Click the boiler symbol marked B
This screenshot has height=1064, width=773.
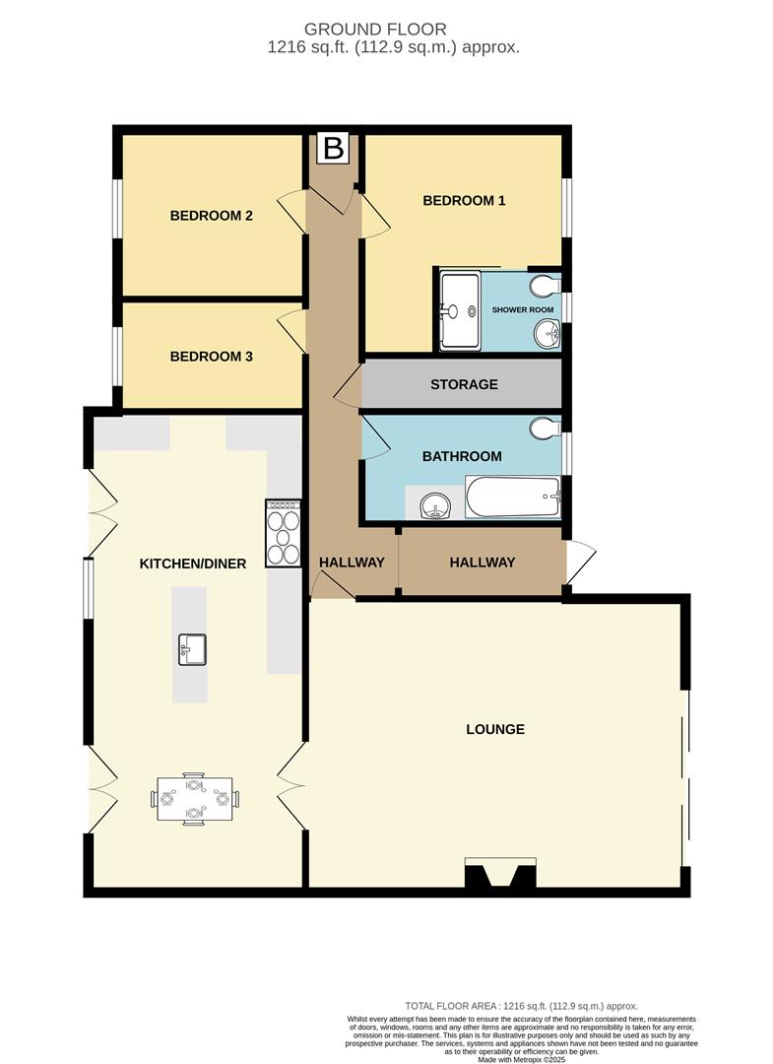point(334,150)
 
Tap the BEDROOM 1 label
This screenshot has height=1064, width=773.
point(464,201)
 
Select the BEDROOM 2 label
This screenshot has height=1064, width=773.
point(212,216)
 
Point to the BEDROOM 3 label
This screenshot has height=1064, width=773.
point(212,357)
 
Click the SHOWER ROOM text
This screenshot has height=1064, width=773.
point(523,310)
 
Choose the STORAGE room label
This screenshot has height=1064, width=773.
point(464,384)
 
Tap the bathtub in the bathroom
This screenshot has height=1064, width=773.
point(512,498)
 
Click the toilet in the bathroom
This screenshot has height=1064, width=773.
point(545,430)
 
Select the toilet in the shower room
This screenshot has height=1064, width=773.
point(545,285)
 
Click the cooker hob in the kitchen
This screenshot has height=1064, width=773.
point(284,533)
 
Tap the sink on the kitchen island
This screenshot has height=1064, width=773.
point(191,649)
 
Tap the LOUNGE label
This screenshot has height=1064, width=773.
point(495,730)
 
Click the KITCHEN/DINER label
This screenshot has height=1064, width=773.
point(193,564)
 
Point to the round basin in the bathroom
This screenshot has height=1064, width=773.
point(433,507)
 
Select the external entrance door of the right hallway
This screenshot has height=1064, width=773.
point(580,563)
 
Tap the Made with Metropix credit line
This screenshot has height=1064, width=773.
point(521,1059)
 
